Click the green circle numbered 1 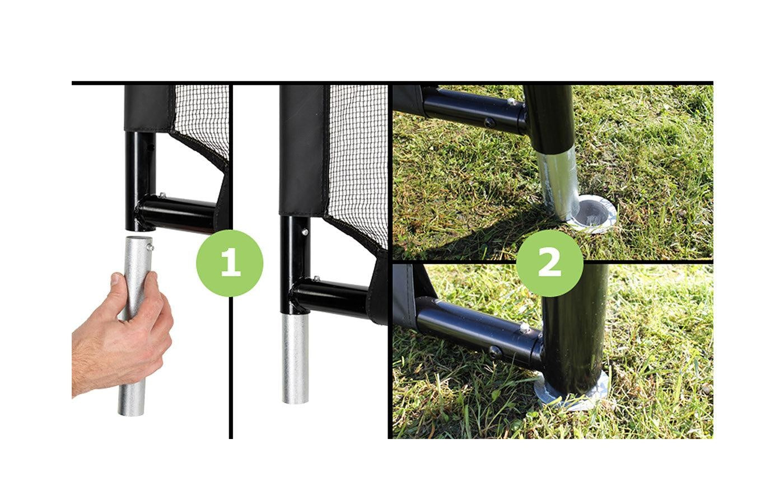tap(230, 263)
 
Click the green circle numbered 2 tap(549, 263)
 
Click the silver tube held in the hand tap(136, 325)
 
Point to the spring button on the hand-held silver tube tap(151, 248)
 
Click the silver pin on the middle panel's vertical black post tap(305, 232)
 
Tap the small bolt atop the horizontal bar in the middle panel tap(316, 279)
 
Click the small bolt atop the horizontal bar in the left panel tap(162, 195)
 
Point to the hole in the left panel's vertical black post tap(151, 148)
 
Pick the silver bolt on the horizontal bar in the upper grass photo tap(511, 102)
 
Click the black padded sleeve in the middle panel tap(304, 151)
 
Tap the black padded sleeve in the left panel tap(148, 109)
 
